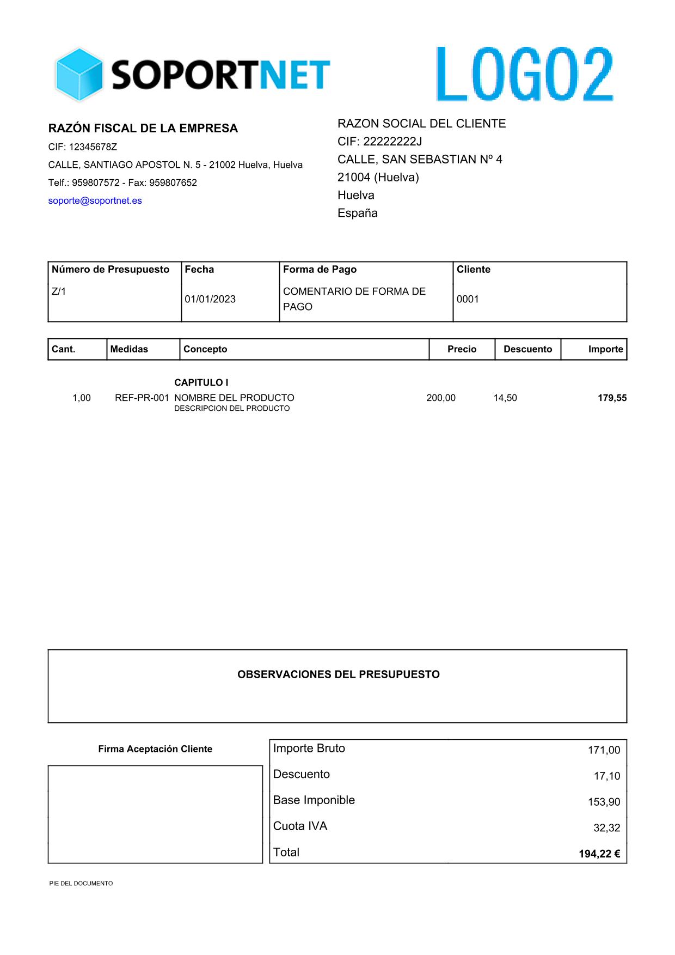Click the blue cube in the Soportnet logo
click(79, 75)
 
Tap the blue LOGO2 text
click(525, 75)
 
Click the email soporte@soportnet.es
click(95, 200)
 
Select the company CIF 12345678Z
click(83, 147)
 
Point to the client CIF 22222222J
click(379, 142)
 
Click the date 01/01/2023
click(210, 299)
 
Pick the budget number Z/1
click(59, 291)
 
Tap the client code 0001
click(468, 299)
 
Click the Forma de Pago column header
click(320, 269)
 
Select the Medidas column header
click(129, 349)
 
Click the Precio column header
click(462, 349)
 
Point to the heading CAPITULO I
click(201, 382)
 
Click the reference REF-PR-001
click(142, 398)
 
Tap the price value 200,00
click(441, 398)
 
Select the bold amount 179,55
click(612, 398)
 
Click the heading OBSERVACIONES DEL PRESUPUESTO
click(338, 674)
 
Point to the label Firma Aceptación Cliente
click(155, 749)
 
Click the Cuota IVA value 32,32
click(606, 828)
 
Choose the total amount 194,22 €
click(599, 854)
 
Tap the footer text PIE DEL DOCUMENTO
click(81, 883)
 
